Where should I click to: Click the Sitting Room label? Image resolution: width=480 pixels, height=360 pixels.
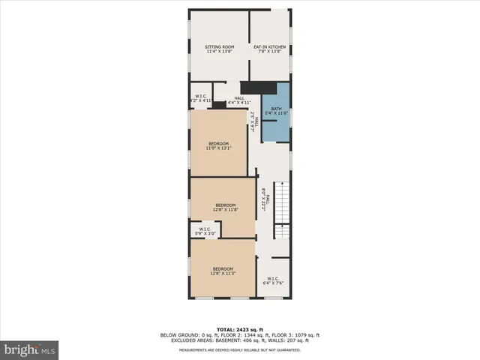pyautogui.click(x=220, y=47)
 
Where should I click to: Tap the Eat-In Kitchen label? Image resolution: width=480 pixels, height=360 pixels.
pyautogui.click(x=269, y=47)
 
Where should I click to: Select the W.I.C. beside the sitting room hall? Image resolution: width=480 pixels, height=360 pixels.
pyautogui.click(x=200, y=97)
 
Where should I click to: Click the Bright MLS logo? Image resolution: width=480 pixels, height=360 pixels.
pyautogui.click(x=30, y=349)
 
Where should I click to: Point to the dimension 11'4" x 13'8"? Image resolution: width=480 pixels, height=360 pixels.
pyautogui.click(x=220, y=52)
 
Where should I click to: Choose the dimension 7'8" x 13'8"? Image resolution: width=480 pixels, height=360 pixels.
pyautogui.click(x=269, y=52)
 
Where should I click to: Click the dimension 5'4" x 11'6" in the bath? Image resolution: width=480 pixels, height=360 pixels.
pyautogui.click(x=277, y=112)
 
